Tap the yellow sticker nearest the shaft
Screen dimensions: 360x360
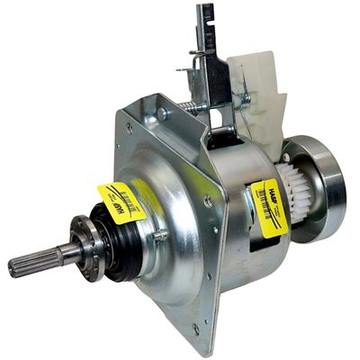click(121, 202)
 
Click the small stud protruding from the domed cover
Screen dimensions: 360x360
click(161, 236)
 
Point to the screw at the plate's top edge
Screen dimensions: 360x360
click(163, 114)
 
